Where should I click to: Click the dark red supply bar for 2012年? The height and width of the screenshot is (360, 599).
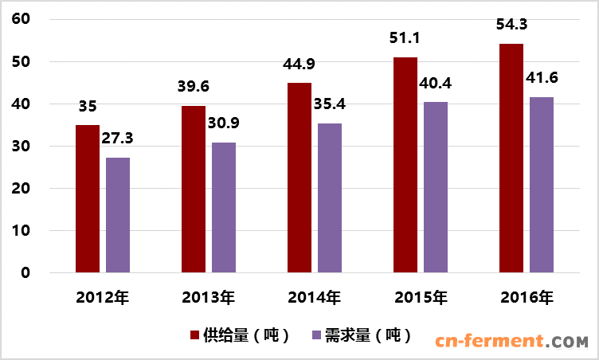[x=88, y=199]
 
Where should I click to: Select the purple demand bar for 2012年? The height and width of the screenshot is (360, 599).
[x=118, y=215]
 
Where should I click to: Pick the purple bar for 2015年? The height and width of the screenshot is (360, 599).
[x=435, y=187]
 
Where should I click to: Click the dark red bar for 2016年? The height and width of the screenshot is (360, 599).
[x=511, y=158]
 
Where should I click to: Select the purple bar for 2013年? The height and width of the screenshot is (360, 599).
[x=224, y=208]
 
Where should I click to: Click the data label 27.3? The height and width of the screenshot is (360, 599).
[x=118, y=138]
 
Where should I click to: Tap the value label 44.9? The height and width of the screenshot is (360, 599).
[x=299, y=65]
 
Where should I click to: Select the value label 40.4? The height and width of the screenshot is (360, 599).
[x=435, y=83]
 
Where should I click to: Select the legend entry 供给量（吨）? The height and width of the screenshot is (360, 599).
[x=238, y=335]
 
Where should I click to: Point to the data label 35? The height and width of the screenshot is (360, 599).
[x=88, y=106]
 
